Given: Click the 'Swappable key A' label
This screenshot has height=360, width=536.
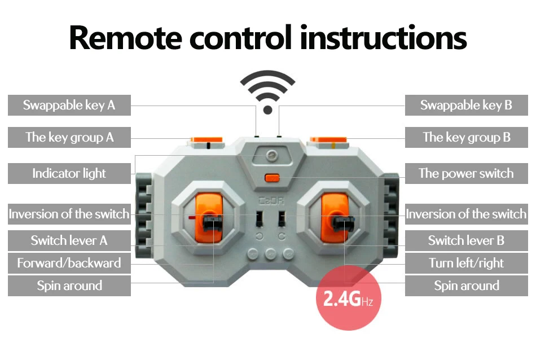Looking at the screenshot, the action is pyautogui.click(x=69, y=106).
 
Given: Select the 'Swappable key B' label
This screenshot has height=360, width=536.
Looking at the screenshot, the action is pyautogui.click(x=467, y=106).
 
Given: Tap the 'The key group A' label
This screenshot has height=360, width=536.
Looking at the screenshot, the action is pyautogui.click(x=69, y=138).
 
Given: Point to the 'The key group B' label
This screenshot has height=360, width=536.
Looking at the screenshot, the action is pyautogui.click(x=467, y=138).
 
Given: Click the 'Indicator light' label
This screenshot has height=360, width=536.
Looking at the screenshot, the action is pyautogui.click(x=69, y=173).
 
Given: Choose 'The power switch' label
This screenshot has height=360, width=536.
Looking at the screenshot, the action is pyautogui.click(x=467, y=173).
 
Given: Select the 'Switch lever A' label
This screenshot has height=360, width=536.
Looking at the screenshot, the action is pyautogui.click(x=69, y=241).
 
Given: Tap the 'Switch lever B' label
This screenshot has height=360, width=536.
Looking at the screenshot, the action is pyautogui.click(x=467, y=241).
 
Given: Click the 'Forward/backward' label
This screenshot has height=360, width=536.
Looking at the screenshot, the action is pyautogui.click(x=69, y=263).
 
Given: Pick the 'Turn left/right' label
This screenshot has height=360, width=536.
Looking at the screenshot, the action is pyautogui.click(x=467, y=263).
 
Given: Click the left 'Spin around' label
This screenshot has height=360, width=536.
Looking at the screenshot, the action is pyautogui.click(x=69, y=286).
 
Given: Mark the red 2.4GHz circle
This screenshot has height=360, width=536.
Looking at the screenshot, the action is pyautogui.click(x=348, y=298).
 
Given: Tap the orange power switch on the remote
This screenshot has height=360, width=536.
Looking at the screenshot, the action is pyautogui.click(x=273, y=179).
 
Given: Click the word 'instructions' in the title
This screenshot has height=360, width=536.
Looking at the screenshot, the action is pyautogui.click(x=384, y=38).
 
